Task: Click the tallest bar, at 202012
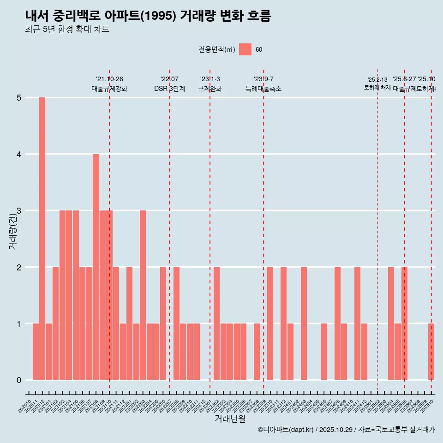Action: pos(42,239)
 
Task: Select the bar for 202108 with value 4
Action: pos(96,267)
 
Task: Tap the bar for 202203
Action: pos(143,295)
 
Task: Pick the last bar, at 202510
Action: pos(431,352)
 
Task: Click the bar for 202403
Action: pos(304,323)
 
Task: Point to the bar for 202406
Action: pos(324,352)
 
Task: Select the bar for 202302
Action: pos(216,323)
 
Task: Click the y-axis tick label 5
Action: pos(19,98)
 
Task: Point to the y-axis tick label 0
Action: pos(19,380)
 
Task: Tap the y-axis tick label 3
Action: pos(19,211)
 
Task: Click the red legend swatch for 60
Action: pos(245,49)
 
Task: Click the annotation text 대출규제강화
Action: pos(109,89)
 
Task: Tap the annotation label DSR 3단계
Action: pos(169,89)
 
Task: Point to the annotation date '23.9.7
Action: pos(263,79)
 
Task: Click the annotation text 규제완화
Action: pos(210,89)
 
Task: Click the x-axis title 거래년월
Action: pos(230,419)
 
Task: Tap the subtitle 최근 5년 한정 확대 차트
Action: pos(67,30)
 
